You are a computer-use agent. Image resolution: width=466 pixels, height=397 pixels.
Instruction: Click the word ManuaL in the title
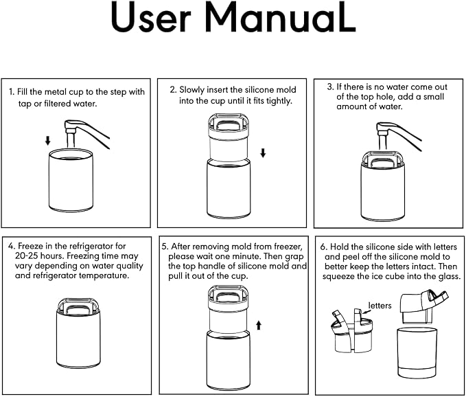point(280,17)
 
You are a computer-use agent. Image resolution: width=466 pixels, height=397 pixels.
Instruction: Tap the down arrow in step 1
point(47,140)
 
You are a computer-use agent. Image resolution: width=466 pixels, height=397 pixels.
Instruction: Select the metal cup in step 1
point(71,180)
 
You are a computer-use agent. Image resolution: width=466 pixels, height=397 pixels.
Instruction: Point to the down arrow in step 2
point(263,153)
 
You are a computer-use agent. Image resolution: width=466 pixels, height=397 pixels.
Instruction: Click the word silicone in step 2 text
point(261,90)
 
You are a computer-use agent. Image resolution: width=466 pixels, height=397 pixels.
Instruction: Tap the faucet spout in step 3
point(384,136)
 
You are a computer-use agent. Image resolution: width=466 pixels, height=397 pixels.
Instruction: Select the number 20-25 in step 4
point(26,256)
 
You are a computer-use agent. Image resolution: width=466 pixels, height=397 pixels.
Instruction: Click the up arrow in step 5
point(259,325)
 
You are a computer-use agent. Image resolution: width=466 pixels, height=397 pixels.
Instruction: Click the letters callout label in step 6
point(380,306)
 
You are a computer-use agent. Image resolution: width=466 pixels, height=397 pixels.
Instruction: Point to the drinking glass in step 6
point(417,352)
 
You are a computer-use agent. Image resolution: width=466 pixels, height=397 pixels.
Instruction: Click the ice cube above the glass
point(416,310)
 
